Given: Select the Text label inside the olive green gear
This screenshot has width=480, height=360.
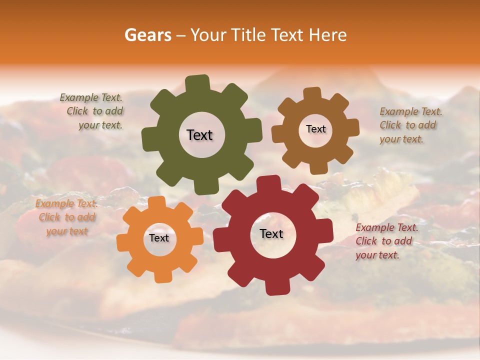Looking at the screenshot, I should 199,135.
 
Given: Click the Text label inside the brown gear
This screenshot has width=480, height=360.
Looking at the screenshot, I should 315,129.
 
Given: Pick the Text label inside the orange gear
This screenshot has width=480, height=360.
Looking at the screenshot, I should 159,238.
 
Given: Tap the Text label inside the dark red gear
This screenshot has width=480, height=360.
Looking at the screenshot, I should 271,233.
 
